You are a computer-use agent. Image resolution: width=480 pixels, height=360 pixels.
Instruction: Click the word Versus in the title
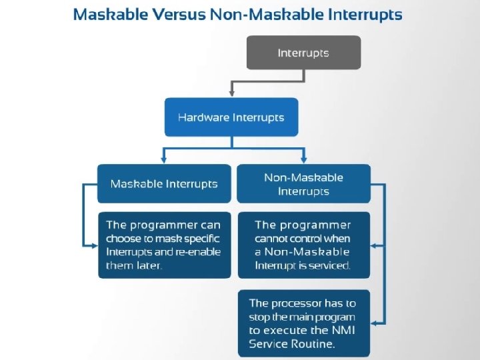click(x=179, y=15)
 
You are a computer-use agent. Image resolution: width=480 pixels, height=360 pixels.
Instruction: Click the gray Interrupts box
click(x=304, y=53)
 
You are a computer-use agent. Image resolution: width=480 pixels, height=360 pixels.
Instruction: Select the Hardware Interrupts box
click(x=231, y=117)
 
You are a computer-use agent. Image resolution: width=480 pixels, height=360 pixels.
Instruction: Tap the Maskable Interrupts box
click(x=164, y=184)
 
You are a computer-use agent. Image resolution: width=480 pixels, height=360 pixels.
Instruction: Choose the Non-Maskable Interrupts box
click(x=304, y=184)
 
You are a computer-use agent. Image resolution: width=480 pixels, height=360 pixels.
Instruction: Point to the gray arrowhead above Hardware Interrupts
click(x=232, y=93)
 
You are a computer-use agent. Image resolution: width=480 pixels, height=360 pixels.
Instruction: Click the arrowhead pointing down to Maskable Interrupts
click(x=164, y=160)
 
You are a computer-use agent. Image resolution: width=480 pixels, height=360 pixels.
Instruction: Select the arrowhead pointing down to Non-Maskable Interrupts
click(x=304, y=160)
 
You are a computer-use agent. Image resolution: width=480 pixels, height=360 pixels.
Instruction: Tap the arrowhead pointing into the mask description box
click(x=95, y=245)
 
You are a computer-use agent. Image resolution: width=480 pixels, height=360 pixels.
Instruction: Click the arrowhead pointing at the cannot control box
click(x=373, y=245)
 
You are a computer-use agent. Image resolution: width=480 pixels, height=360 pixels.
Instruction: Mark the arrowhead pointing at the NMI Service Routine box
click(x=373, y=323)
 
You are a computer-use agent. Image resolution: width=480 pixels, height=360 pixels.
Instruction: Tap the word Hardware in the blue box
click(x=203, y=117)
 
